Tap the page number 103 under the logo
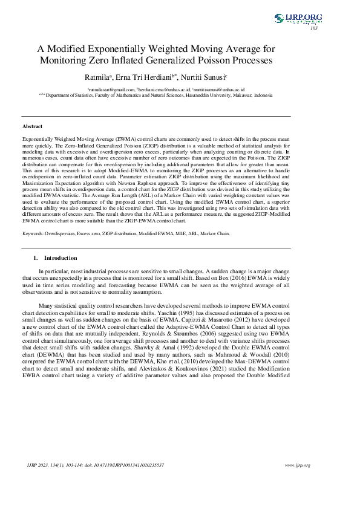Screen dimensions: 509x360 (313, 28)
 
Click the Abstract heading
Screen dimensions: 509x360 (32, 126)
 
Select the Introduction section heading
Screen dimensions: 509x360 (61, 258)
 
